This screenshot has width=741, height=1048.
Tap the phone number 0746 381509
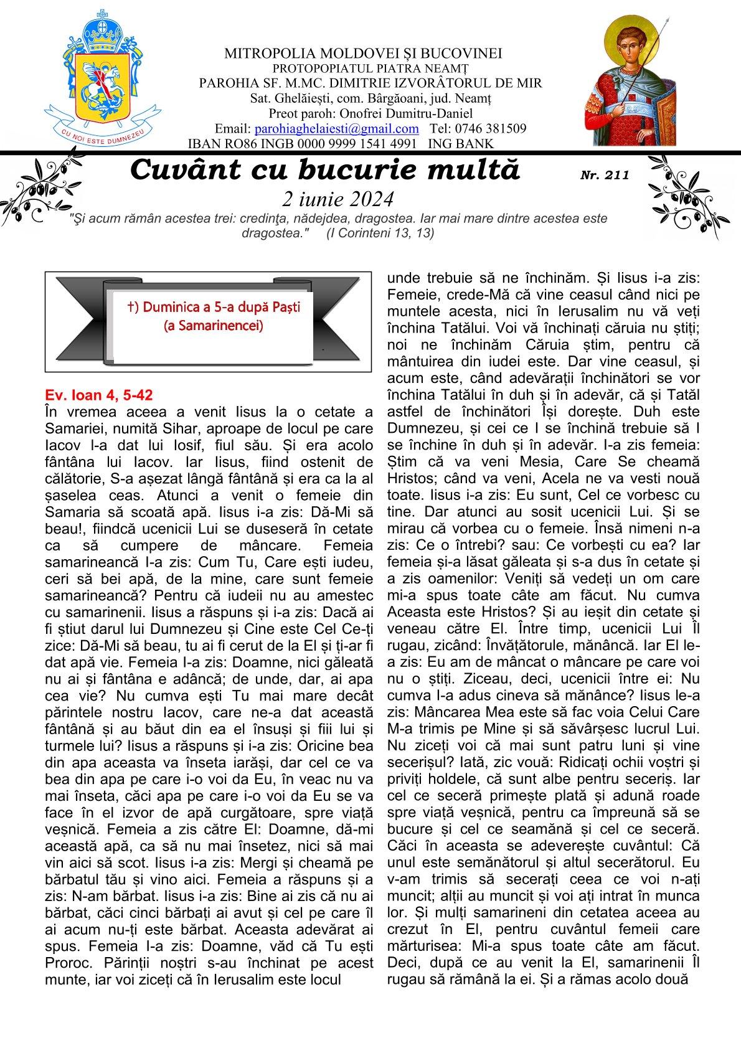489,129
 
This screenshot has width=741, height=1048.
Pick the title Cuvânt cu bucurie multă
325,169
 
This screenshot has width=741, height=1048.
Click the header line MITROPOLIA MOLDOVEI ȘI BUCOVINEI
363,54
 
